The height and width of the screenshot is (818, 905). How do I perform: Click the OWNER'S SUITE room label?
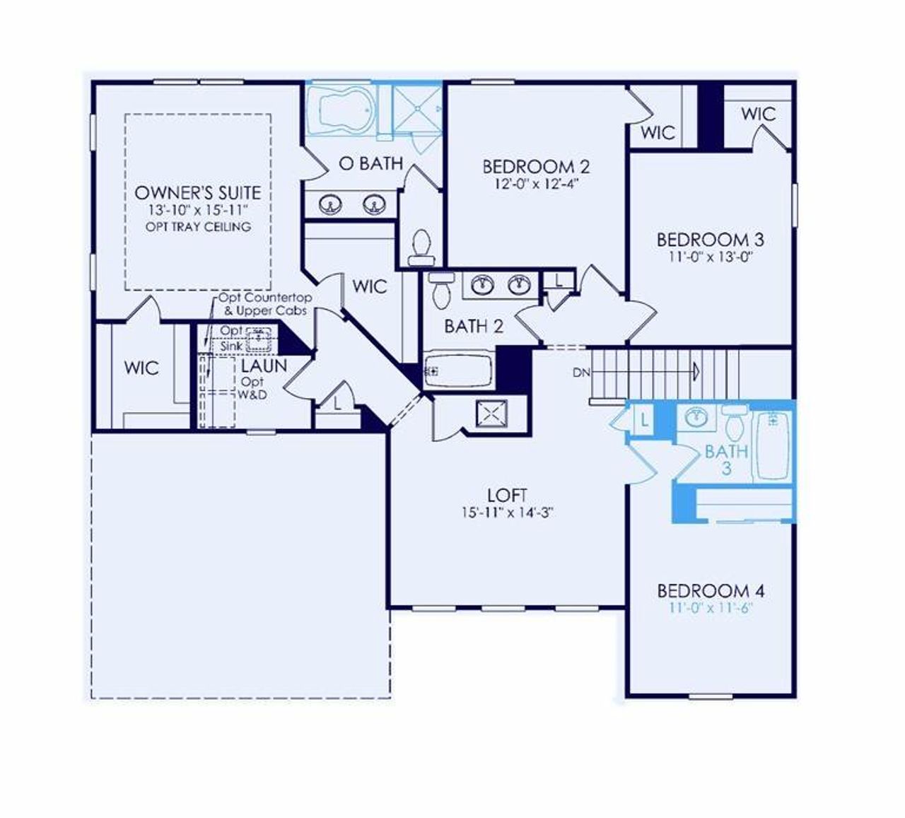[197, 193]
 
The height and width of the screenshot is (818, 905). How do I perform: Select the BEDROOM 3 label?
[710, 240]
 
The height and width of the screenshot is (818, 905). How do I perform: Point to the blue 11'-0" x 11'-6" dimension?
[710, 607]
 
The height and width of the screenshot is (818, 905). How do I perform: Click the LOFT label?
[507, 496]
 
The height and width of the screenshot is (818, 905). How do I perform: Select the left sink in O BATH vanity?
[329, 205]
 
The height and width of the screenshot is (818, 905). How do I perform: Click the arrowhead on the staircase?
[696, 370]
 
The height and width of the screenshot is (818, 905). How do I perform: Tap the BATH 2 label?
[474, 327]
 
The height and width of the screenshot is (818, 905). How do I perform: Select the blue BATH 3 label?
[726, 459]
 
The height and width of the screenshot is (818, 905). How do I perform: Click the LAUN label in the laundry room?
[264, 366]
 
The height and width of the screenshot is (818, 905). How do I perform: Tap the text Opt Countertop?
[266, 299]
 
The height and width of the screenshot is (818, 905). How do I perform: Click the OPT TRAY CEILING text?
[198, 227]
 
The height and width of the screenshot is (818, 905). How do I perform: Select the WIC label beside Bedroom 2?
[658, 133]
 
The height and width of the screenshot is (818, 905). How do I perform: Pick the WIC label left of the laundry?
[141, 368]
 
